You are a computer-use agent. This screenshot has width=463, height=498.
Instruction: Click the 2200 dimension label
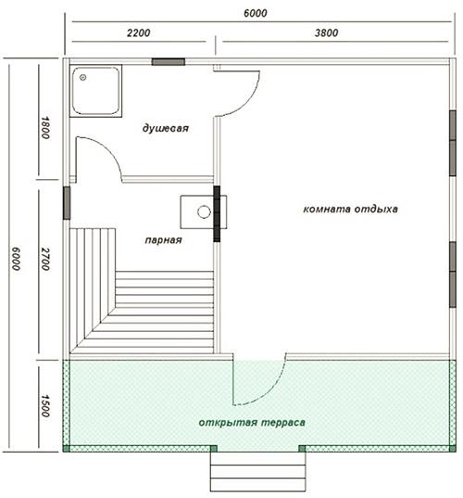(139, 32)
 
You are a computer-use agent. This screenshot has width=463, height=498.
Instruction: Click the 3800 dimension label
(326, 32)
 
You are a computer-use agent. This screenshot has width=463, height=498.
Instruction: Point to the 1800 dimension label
(45, 128)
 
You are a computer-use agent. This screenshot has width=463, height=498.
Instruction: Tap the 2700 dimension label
(45, 259)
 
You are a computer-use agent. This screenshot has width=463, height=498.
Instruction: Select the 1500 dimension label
(45, 406)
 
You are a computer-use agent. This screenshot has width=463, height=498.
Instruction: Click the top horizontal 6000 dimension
(256, 13)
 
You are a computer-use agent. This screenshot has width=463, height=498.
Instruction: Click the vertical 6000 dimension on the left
(16, 259)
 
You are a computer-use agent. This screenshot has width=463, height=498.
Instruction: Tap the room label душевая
(165, 128)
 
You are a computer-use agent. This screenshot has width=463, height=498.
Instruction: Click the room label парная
(163, 240)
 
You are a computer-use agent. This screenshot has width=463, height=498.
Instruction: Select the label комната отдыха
(350, 210)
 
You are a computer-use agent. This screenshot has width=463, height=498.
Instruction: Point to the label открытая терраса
(252, 423)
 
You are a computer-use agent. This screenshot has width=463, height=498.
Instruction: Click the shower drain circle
(83, 77)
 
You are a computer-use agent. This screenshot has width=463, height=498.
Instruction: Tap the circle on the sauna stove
(204, 211)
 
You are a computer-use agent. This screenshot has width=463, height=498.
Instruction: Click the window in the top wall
(169, 62)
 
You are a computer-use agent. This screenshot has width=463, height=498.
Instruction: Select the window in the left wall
(67, 203)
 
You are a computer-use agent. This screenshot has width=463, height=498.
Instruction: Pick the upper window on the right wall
(453, 143)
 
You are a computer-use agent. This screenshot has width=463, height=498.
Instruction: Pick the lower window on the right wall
(453, 275)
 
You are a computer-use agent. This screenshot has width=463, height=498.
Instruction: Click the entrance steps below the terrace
(258, 472)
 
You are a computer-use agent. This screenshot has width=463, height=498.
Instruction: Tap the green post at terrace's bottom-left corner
(67, 449)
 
